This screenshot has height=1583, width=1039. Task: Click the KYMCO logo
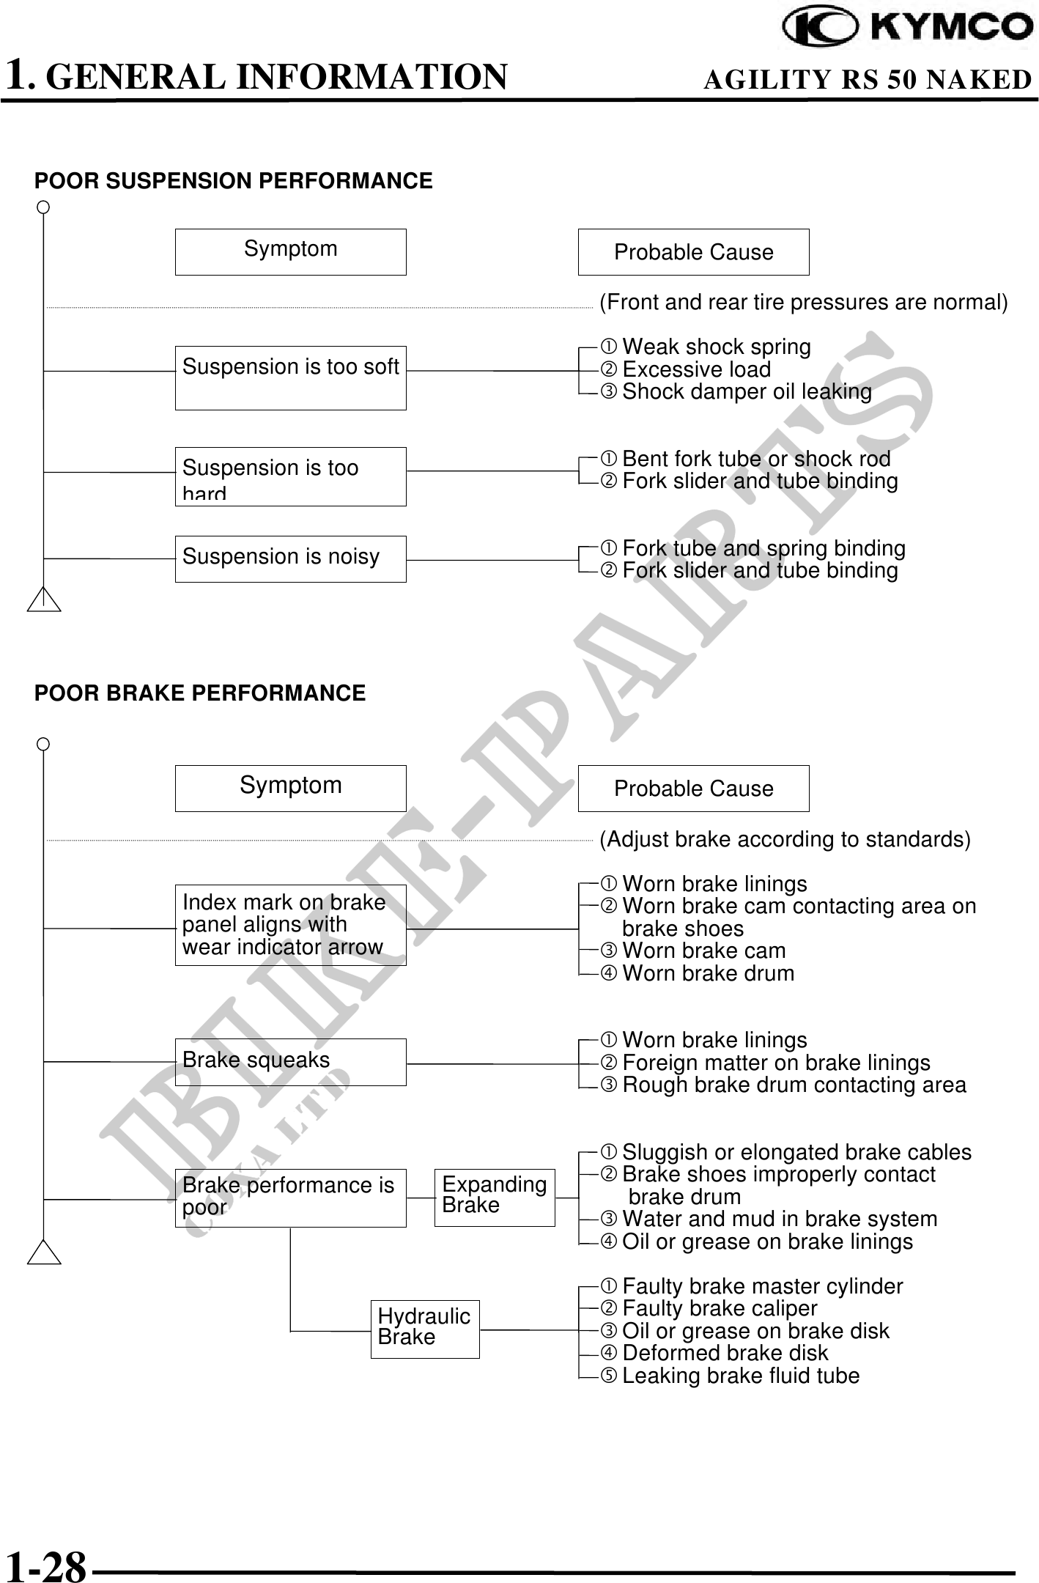pos(907,29)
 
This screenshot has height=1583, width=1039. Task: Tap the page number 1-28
pos(45,1566)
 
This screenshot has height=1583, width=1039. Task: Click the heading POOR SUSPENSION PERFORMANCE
pos(234,181)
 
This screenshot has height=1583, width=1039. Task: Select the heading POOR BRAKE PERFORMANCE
pos(200,693)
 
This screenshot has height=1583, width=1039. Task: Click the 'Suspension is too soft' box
pos(290,377)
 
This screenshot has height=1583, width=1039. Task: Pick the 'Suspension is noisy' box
pos(290,558)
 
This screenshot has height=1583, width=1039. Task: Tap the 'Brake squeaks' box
pos(290,1062)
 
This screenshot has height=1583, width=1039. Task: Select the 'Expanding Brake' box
pos(495,1198)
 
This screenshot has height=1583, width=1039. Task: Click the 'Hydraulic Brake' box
pos(425,1329)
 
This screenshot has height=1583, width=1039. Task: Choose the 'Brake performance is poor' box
pos(290,1198)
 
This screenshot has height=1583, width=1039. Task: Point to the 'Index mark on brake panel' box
pos(290,925)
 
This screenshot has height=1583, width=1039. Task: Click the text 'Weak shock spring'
pos(716,347)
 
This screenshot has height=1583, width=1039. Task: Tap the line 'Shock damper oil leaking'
pos(747,392)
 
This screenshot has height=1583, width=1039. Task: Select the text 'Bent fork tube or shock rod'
pos(756,459)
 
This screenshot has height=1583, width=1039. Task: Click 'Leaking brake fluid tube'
pos(740,1376)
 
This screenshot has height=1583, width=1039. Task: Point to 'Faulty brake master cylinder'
pos(762,1286)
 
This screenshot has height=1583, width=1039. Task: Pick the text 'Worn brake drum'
pos(708,973)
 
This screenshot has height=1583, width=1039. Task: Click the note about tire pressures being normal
pos(803,303)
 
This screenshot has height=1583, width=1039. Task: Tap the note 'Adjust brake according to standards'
pos(785,839)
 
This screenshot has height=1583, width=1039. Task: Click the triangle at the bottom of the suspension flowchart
pos(44,599)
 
